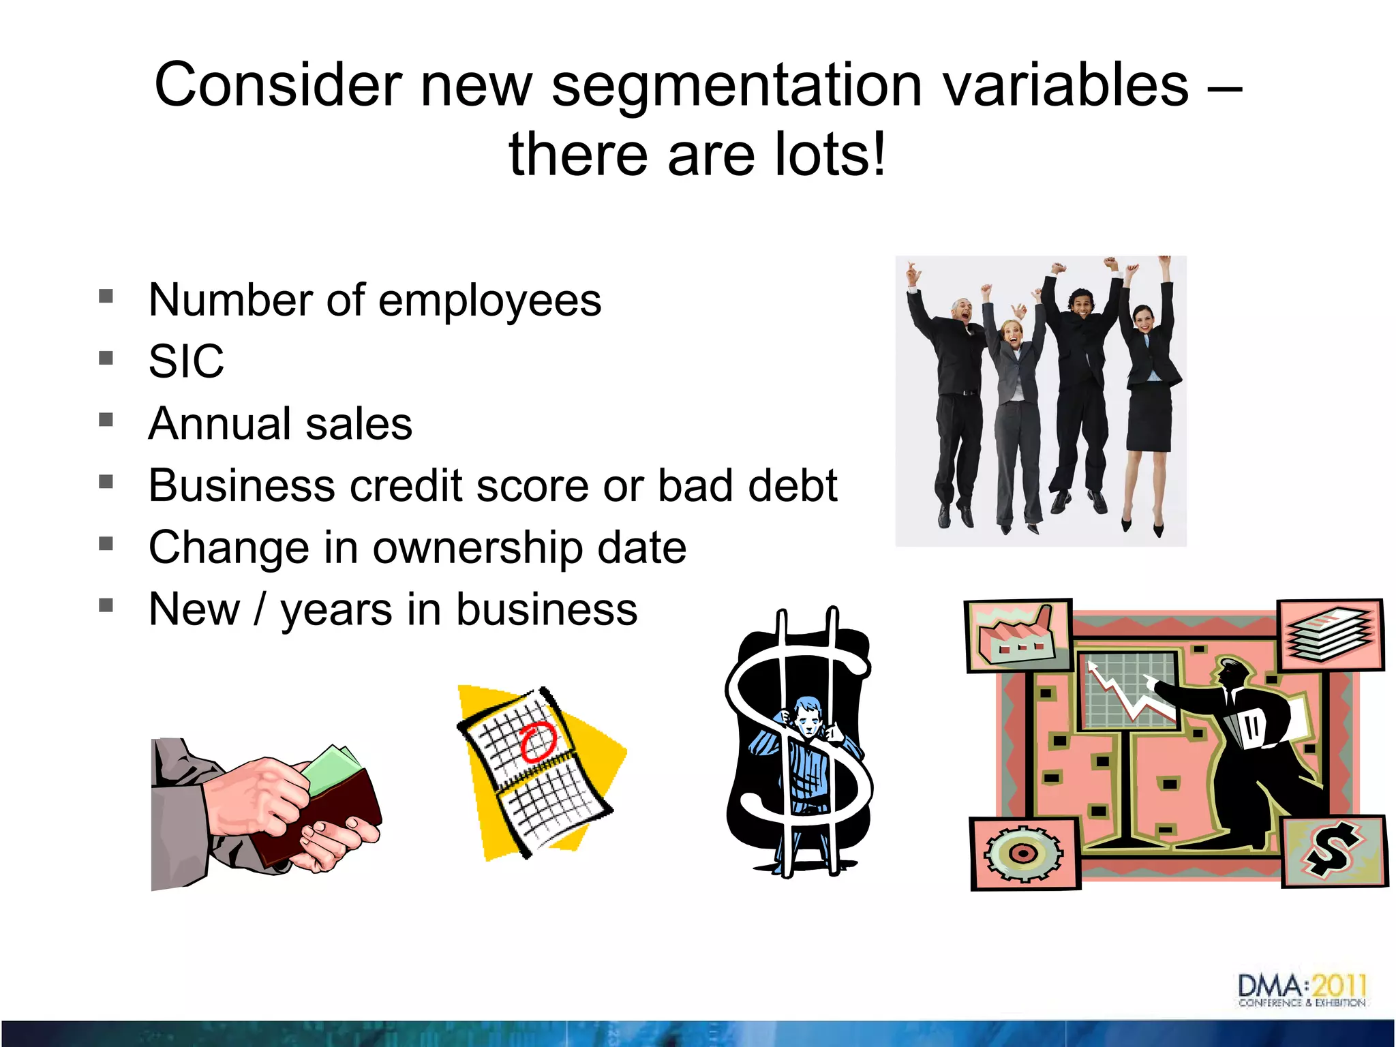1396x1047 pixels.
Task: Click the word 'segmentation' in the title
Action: point(736,85)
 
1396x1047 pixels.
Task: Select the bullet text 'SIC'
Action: point(186,361)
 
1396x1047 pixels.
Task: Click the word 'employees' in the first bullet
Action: point(489,301)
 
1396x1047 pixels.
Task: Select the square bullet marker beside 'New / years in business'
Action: point(106,605)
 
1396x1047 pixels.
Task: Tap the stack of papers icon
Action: point(1329,634)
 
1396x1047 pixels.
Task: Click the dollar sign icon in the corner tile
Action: point(1333,851)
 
